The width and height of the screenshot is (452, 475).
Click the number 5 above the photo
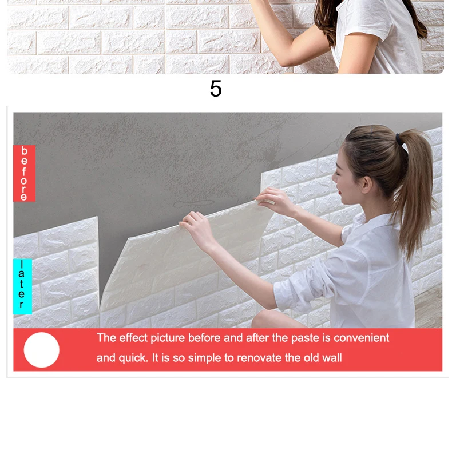click(216, 89)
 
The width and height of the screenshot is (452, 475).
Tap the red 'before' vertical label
click(24, 173)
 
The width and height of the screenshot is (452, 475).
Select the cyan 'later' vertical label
click(22, 286)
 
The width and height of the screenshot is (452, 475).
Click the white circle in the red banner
click(42, 350)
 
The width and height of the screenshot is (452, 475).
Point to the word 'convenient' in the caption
click(361, 338)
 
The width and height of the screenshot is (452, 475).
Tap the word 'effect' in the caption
click(132, 338)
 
